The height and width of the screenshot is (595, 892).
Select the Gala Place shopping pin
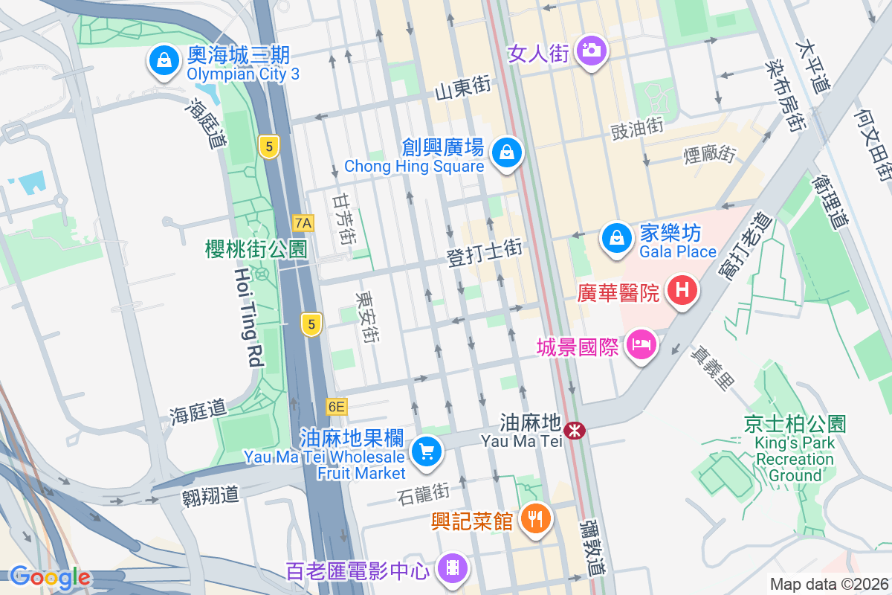(616, 239)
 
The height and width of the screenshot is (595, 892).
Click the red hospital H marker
(682, 290)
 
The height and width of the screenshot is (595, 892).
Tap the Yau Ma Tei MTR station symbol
(573, 430)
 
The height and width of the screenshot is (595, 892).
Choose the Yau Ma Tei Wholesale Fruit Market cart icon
(427, 451)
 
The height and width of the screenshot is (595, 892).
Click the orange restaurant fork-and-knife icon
(534, 518)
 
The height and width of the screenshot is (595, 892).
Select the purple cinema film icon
(452, 569)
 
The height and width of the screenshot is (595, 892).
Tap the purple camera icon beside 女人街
(591, 51)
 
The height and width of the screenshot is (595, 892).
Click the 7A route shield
(303, 222)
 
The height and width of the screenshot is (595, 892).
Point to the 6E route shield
(336, 407)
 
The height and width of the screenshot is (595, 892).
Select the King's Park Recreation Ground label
(795, 451)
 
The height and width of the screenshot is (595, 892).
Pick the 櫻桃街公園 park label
(256, 249)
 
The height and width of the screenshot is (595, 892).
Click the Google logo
(50, 577)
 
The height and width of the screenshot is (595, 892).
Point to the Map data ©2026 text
(829, 585)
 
